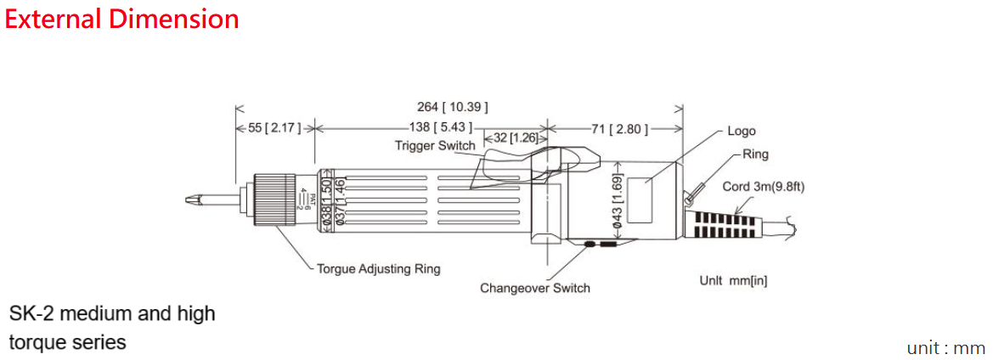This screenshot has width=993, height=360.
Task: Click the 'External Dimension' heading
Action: click(121, 19)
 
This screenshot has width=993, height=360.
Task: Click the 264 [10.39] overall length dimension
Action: click(452, 107)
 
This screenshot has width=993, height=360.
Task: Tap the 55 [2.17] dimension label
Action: click(274, 128)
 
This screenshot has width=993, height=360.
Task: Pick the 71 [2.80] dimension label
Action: click(620, 129)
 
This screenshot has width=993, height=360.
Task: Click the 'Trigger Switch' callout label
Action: click(435, 146)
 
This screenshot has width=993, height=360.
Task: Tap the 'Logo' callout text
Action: click(741, 132)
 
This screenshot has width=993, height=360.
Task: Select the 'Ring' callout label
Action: click(755, 155)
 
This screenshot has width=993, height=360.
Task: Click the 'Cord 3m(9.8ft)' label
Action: click(762, 188)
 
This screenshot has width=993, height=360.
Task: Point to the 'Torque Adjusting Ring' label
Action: click(379, 269)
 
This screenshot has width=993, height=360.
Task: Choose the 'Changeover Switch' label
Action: click(534, 288)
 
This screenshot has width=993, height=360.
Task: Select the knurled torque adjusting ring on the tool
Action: click(274, 200)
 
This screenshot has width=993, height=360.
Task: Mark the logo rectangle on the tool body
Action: click(652, 201)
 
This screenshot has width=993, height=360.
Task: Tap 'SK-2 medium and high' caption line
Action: click(112, 314)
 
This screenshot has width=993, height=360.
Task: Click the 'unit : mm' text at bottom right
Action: click(945, 348)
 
